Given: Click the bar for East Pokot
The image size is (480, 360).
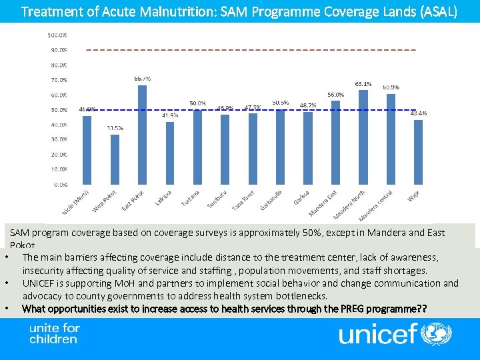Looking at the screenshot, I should click(142, 134).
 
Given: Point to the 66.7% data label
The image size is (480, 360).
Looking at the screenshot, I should click(142, 79).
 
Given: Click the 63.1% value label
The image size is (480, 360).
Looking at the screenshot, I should click(363, 84).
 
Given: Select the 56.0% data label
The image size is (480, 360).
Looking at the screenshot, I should click(335, 95).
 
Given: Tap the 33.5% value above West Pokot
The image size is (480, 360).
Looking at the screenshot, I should click(115, 128).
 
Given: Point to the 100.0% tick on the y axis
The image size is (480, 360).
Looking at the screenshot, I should click(57, 35).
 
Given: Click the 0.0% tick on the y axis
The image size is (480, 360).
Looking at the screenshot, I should click(60, 184).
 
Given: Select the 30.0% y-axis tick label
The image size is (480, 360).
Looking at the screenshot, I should click(58, 139).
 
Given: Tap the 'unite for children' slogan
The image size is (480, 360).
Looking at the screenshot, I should click(53, 333).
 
